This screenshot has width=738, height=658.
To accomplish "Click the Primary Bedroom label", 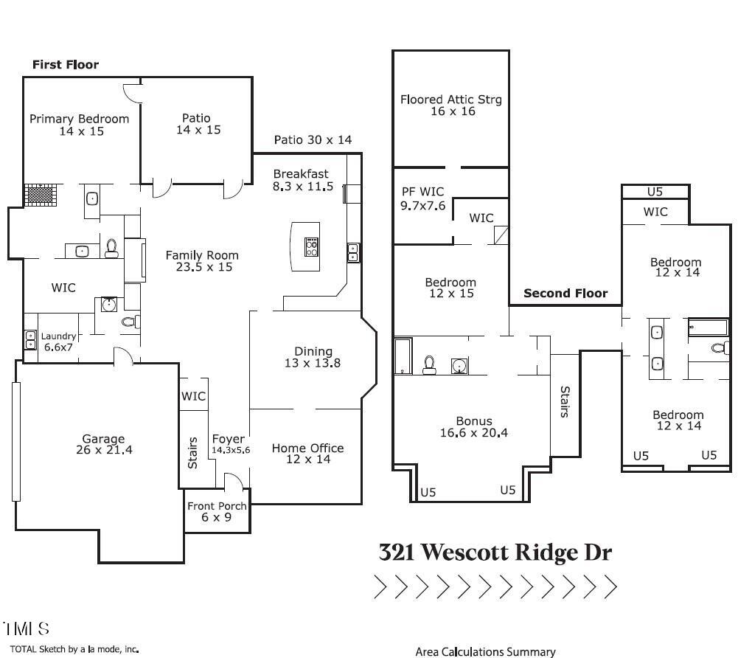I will click(x=79, y=125).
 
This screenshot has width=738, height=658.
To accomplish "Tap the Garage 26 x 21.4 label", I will click(x=103, y=444).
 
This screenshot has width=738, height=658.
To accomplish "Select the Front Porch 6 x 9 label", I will click(x=217, y=511).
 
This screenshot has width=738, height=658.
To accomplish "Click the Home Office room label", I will click(x=307, y=454).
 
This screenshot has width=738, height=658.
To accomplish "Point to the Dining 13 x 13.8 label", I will click(x=313, y=357).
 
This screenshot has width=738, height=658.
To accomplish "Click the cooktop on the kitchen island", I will click(x=311, y=246).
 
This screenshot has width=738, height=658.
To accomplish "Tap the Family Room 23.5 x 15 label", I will click(x=202, y=261).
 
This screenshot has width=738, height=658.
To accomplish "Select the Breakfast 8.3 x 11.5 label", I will click(x=303, y=180).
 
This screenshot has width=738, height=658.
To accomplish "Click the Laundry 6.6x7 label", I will click(x=58, y=341).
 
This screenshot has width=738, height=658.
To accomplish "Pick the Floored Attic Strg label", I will click(x=450, y=105).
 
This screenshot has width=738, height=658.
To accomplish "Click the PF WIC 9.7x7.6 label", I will click(x=423, y=199).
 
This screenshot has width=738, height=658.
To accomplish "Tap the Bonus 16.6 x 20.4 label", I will click(x=473, y=427).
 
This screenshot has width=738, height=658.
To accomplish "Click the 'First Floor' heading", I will click(x=66, y=65).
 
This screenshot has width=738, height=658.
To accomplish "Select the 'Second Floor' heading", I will click(x=565, y=293).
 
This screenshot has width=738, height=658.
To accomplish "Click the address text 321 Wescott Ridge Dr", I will click(x=495, y=553).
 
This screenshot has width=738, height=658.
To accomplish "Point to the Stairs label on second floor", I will click(x=565, y=402).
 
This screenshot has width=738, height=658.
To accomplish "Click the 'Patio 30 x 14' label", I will click(x=313, y=139).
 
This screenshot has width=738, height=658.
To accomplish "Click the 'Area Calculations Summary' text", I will click(x=485, y=651).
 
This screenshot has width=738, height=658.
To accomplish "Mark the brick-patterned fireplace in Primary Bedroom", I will click(x=41, y=195).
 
